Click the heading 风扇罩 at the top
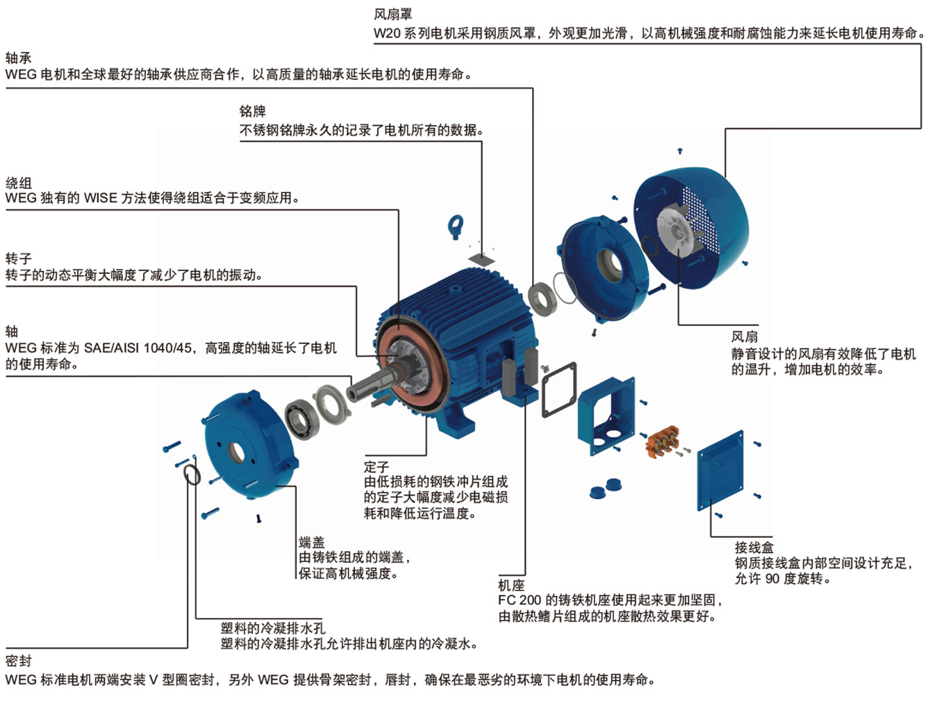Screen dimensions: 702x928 [392, 15]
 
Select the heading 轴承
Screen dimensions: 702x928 [18, 58]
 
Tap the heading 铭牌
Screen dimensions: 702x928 [252, 111]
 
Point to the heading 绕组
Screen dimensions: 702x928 [18, 183]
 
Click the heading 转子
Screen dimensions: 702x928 [18, 259]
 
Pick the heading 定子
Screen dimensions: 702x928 [376, 466]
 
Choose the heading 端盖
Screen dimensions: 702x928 [311, 542]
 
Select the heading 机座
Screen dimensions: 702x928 [511, 585]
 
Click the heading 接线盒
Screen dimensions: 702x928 [754, 547]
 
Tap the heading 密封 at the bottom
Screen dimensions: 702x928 [18, 660]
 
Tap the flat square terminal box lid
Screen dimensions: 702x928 [720, 471]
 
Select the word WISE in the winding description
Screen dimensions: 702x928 [101, 199]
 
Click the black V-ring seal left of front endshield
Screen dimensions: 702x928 [192, 475]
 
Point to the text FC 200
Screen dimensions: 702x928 [520, 600]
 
